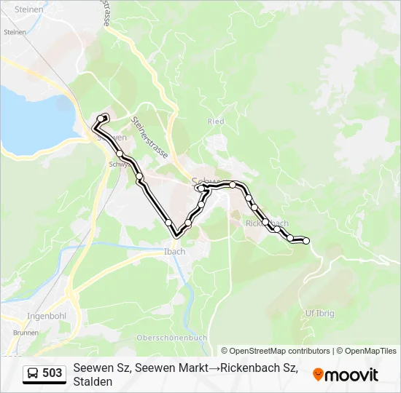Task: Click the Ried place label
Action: point(215,122)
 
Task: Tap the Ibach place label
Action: point(171,252)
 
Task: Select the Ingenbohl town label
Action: point(47,317)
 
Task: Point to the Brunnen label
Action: point(26,332)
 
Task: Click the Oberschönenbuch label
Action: point(171,338)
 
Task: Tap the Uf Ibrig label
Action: point(318,313)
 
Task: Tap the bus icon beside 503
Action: point(34,373)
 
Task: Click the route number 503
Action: point(52,373)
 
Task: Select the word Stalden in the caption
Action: point(93,381)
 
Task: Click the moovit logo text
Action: point(351,375)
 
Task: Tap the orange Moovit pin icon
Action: point(318,375)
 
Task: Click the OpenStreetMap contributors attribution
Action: point(280,351)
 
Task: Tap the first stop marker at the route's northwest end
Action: point(101,119)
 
